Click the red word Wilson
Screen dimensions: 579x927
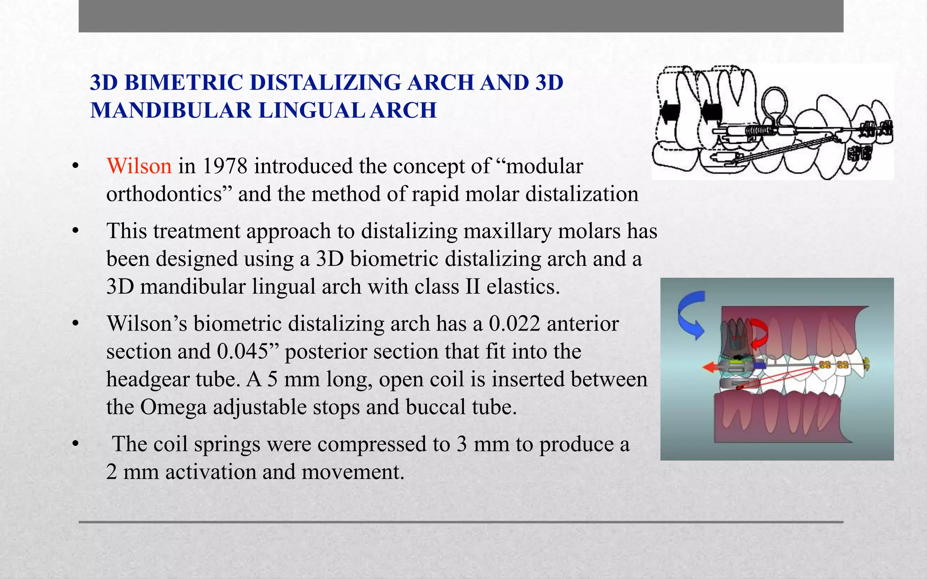point(139,166)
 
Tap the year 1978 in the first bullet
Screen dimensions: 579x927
point(225,166)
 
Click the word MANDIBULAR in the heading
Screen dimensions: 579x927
point(171,110)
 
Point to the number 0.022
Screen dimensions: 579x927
point(514,323)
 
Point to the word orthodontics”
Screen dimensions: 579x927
point(169,194)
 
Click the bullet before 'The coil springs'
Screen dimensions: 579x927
point(76,444)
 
